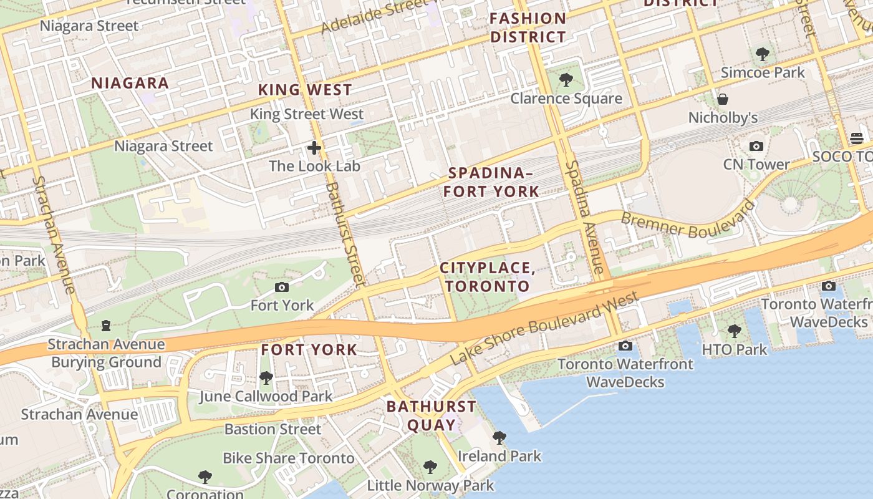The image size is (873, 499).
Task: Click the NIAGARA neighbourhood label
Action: (x=130, y=83)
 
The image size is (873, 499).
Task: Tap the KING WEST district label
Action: (x=305, y=90)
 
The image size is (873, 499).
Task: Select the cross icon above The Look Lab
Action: (x=314, y=148)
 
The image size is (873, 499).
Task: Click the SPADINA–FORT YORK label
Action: (x=491, y=182)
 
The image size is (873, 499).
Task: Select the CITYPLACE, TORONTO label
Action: (x=487, y=277)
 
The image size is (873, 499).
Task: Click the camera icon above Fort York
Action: (x=282, y=287)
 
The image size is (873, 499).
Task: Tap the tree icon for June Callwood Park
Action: (x=266, y=378)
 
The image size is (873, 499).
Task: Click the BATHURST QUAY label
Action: (x=431, y=415)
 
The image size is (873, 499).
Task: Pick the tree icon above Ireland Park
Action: (x=499, y=437)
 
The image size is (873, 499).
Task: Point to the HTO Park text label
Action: (x=734, y=349)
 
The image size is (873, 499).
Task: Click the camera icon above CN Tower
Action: (x=756, y=146)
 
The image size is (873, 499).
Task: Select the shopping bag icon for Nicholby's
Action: (x=723, y=99)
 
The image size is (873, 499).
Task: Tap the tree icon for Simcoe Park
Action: (x=762, y=54)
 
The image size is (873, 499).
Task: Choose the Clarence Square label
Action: (x=566, y=99)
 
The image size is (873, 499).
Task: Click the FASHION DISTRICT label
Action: (x=528, y=27)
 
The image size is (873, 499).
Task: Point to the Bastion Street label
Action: (x=273, y=429)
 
